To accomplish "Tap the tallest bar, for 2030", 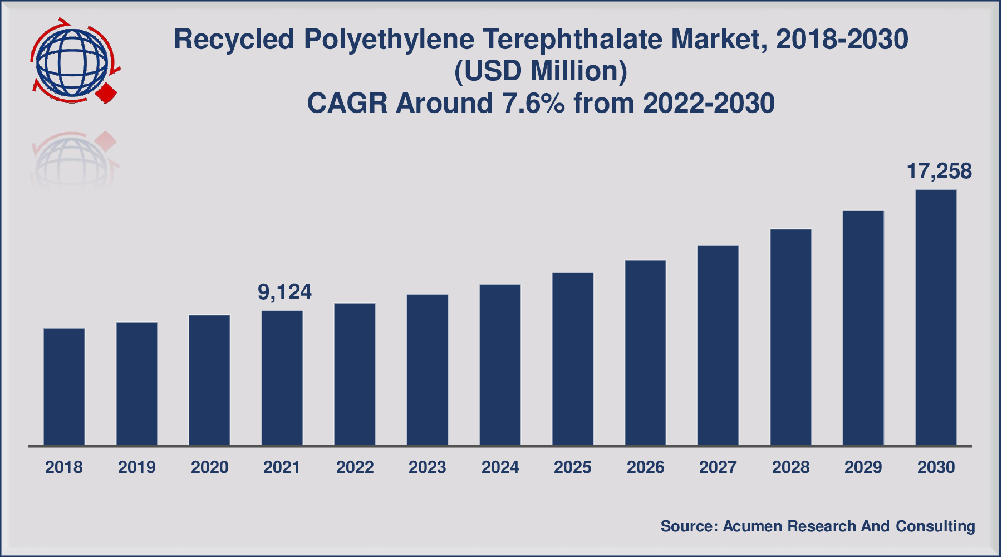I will click(936, 317).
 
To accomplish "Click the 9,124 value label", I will click(284, 292).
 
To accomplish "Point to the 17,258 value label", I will click(939, 172).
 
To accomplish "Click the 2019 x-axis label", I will click(137, 467).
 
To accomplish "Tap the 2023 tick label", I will click(428, 467).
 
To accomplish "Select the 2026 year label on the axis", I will click(645, 467).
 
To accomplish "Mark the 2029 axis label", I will click(863, 467).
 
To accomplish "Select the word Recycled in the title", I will click(234, 40).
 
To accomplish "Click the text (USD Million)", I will click(541, 71).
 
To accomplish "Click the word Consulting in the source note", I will click(935, 526).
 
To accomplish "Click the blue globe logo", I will click(71, 61).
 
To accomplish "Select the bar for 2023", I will click(428, 370).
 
